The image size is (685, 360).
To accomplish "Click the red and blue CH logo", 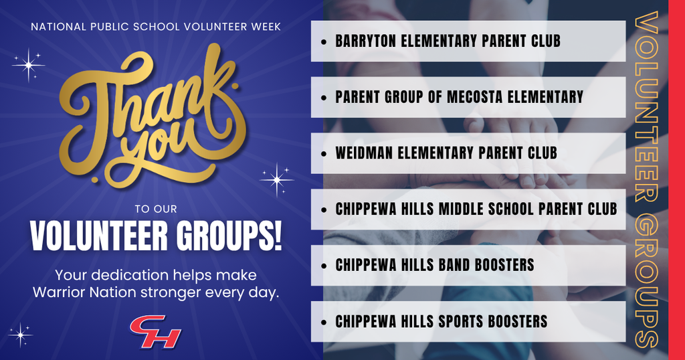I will [155, 331].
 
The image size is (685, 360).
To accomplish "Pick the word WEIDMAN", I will [365, 153].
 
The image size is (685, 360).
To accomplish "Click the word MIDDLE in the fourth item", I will [463, 209].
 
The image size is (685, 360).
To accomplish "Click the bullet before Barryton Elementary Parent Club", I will [324, 41].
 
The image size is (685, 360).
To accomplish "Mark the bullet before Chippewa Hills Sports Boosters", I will [324, 322].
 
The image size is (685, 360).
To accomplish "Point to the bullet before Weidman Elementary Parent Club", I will [324, 154].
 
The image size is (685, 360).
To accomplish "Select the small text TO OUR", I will [155, 209].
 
